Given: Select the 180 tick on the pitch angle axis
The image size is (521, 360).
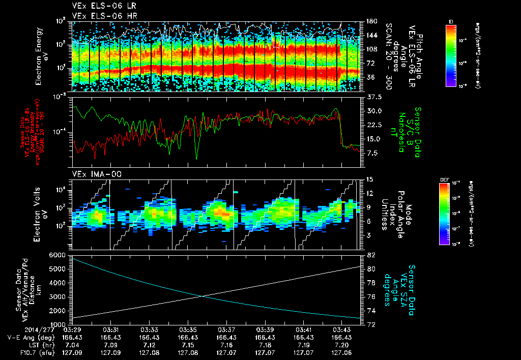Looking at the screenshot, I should coord(370,21).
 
